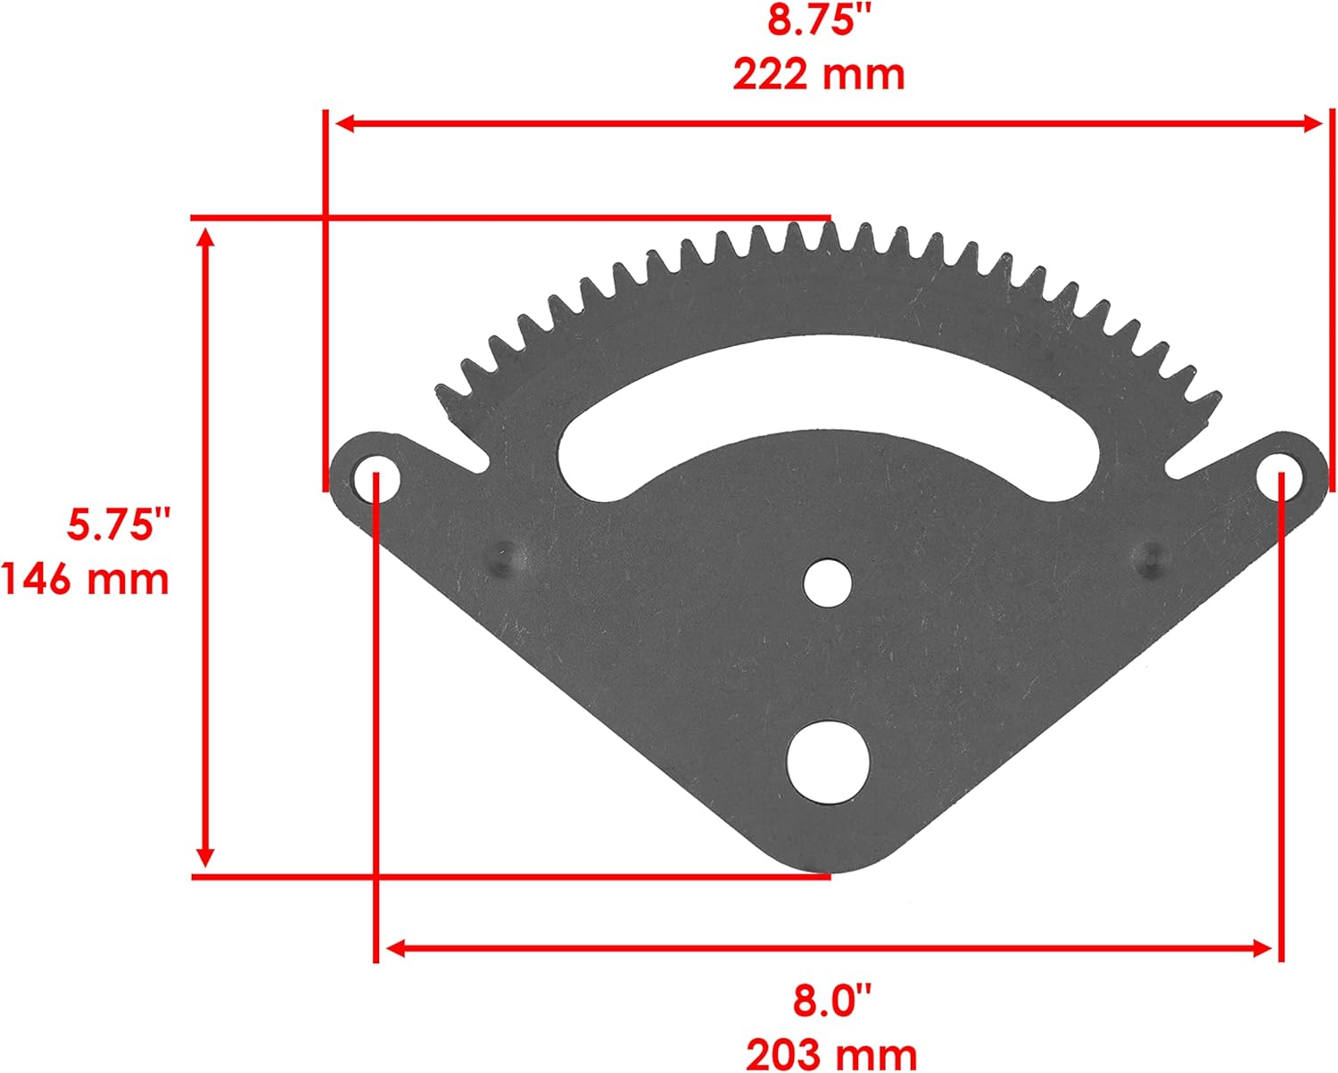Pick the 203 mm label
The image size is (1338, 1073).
tap(830, 1053)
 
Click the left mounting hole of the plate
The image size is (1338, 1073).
tap(376, 477)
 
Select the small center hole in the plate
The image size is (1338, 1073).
tap(827, 582)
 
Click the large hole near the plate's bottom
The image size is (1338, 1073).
tap(828, 758)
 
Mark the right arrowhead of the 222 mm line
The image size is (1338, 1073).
tap(1313, 124)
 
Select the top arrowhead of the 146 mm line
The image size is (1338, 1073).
tap(206, 237)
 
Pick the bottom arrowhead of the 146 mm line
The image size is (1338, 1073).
tap(206, 857)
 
